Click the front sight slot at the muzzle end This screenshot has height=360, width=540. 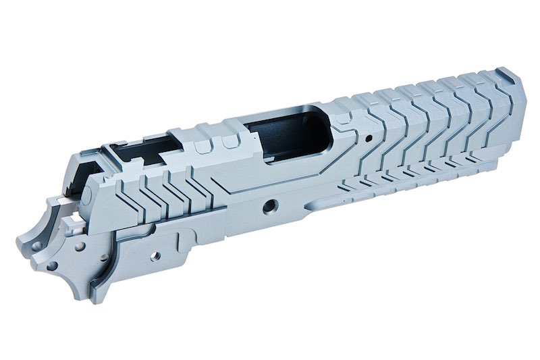coord(500,72)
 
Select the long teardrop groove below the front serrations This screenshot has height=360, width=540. coord(337,201)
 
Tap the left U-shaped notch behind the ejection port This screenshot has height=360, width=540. coord(200,145)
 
